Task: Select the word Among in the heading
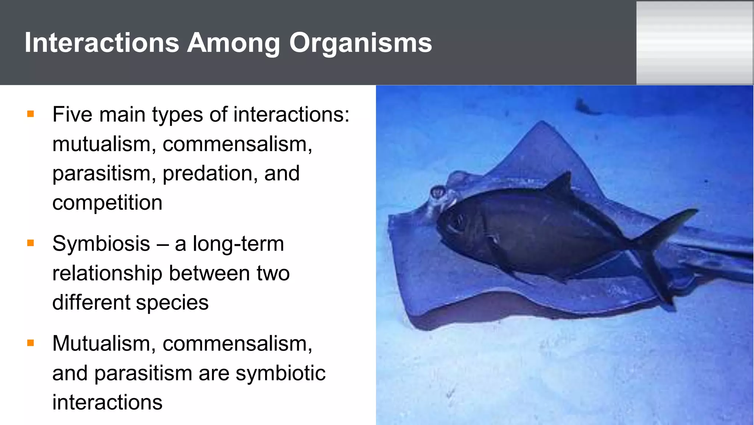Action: click(233, 43)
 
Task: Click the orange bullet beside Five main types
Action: click(31, 114)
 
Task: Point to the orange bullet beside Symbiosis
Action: click(31, 243)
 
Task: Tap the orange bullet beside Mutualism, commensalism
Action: click(31, 343)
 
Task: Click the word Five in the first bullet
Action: click(73, 114)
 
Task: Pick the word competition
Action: click(107, 203)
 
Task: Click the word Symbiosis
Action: click(101, 244)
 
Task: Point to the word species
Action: click(172, 303)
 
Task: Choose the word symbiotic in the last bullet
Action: click(281, 373)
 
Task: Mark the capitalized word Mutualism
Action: click(102, 344)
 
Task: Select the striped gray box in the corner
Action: click(695, 43)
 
